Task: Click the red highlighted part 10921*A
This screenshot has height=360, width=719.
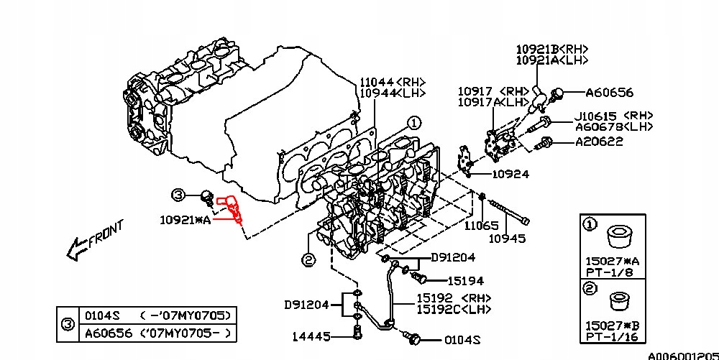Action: pyautogui.click(x=234, y=209)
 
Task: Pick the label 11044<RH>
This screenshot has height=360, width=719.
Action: pyautogui.click(x=393, y=82)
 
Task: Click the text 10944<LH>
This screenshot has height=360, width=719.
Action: pyautogui.click(x=393, y=93)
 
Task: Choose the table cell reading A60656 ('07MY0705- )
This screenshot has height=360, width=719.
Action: pyautogui.click(x=158, y=333)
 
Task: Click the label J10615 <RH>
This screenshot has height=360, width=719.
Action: pyautogui.click(x=613, y=115)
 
